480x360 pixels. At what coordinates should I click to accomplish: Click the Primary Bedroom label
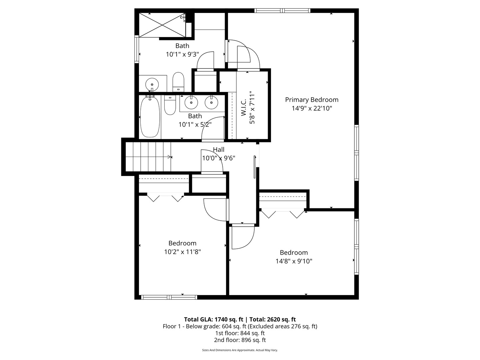click(x=312, y=100)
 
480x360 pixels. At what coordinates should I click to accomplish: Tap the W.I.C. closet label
click(x=243, y=107)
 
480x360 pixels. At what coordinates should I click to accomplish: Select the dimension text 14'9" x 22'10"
click(x=312, y=108)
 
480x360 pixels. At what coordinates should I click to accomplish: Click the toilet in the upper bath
click(x=178, y=82)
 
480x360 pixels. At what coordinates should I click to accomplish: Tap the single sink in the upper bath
click(x=152, y=84)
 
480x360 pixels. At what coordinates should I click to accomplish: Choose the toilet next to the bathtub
click(x=170, y=105)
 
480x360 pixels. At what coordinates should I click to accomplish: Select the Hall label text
click(x=219, y=149)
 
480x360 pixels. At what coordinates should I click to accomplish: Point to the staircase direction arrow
click(x=169, y=157)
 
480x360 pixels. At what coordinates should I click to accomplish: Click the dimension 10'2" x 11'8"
click(x=182, y=252)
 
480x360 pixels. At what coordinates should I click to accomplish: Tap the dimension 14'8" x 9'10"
click(x=294, y=261)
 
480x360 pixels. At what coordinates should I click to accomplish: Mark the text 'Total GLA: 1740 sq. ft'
click(x=214, y=319)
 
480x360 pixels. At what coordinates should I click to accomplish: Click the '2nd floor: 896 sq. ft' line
click(x=240, y=340)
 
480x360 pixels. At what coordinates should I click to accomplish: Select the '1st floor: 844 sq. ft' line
click(x=240, y=333)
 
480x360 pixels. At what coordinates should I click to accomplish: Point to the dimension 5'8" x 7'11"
click(x=252, y=107)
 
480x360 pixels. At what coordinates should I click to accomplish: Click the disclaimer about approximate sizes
click(x=240, y=350)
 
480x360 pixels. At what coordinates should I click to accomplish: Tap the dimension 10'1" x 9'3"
click(x=182, y=54)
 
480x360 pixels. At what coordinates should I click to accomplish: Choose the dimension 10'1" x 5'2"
click(x=195, y=125)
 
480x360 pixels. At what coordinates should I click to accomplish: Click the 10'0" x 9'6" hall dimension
click(x=219, y=158)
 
